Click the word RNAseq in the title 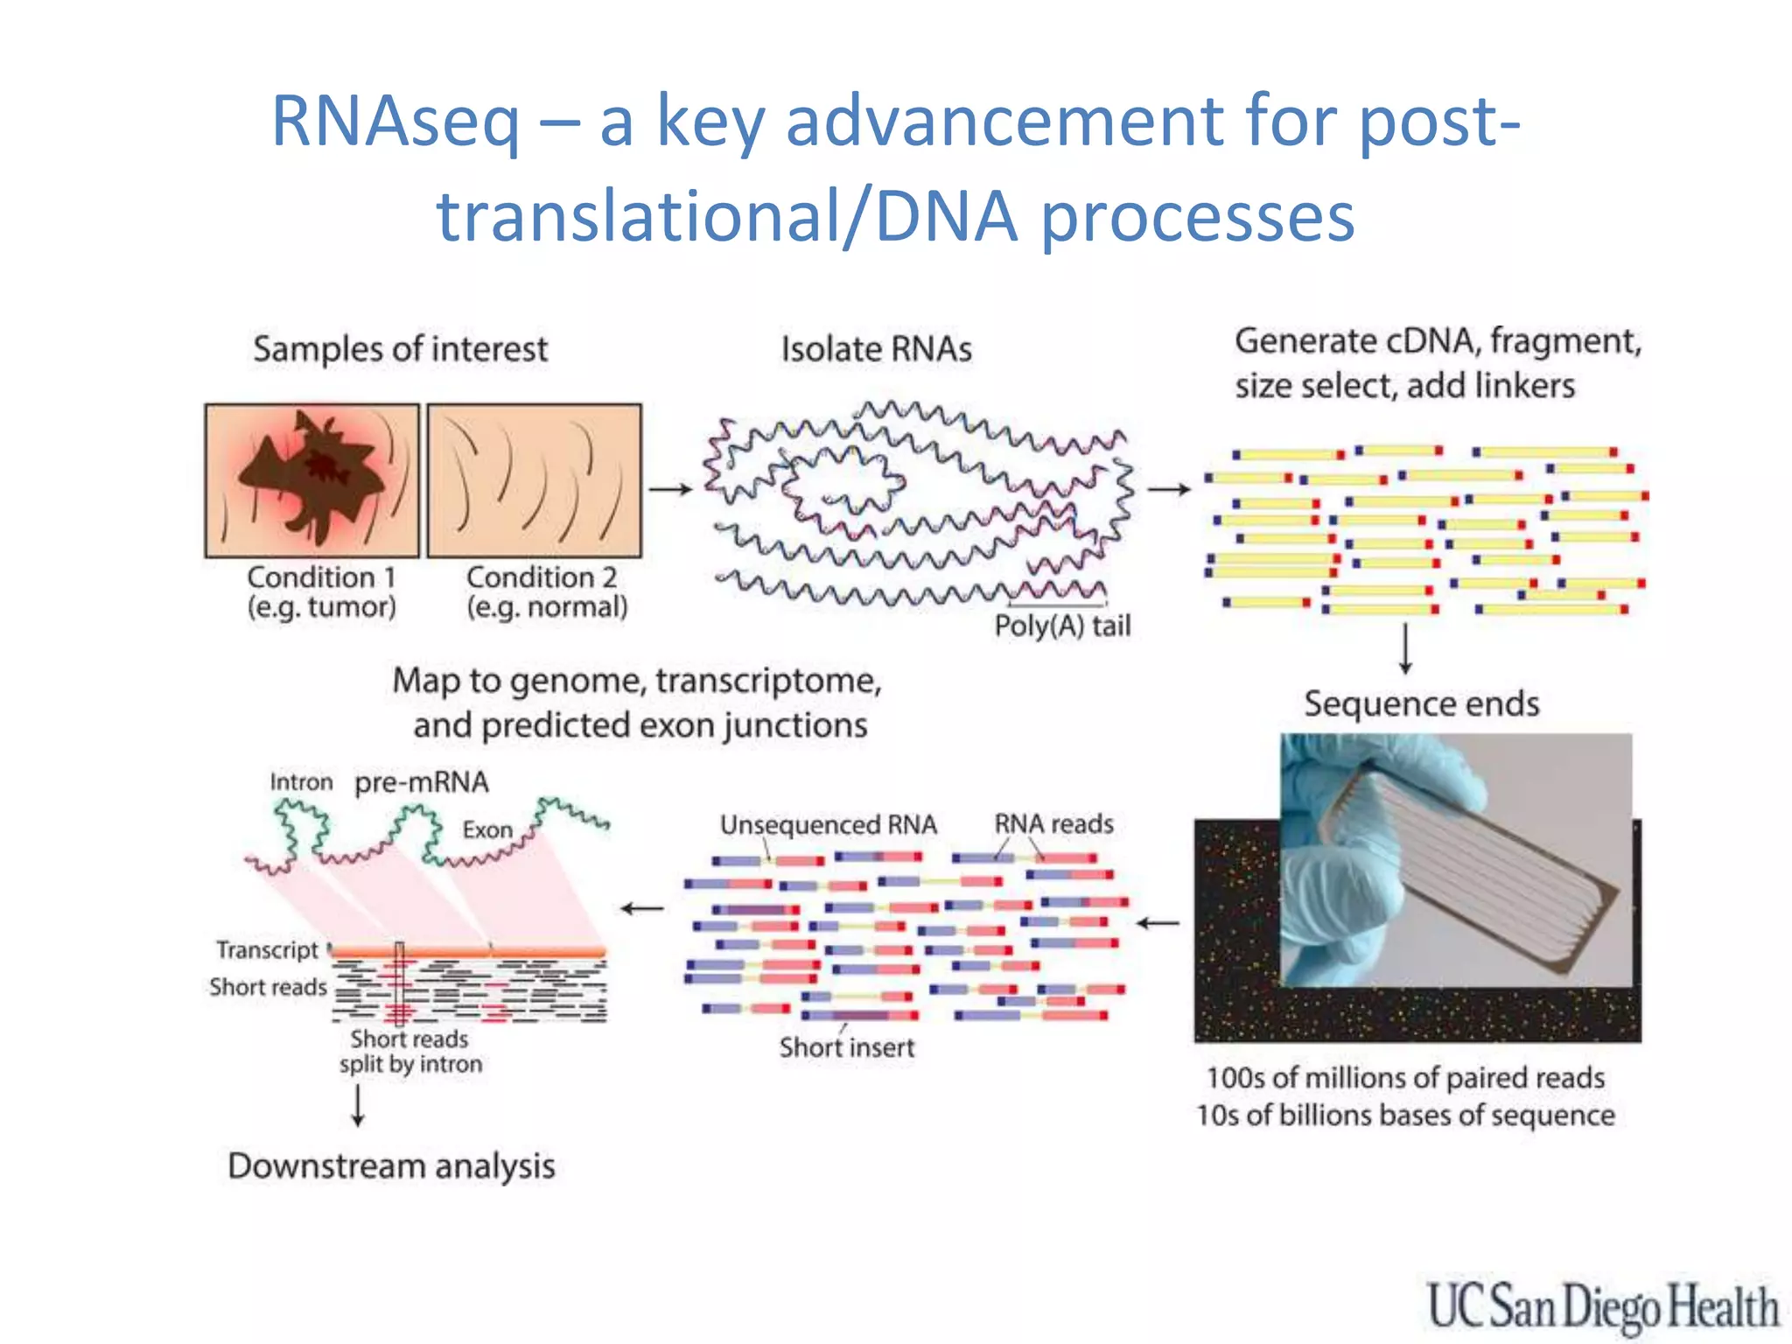(395, 122)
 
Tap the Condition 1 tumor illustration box (311, 480)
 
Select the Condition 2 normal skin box (535, 480)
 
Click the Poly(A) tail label (1062, 626)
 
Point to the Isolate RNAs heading (876, 349)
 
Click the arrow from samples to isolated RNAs (670, 489)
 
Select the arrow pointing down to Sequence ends (1405, 648)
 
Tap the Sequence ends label (1421, 704)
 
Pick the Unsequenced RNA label (828, 824)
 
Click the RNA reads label (1053, 823)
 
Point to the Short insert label (846, 1047)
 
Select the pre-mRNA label (421, 781)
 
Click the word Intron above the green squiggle (301, 781)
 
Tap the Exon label (487, 829)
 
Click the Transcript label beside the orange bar (267, 949)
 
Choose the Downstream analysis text (391, 1166)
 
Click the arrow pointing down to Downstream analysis (358, 1106)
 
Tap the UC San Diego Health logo (1603, 1307)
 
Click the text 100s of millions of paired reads (1405, 1078)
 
